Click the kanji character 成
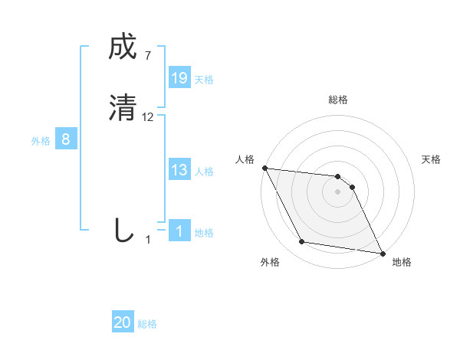123,48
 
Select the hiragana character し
123,230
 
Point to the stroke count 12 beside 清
148,117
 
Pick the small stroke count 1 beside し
148,239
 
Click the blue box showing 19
179,78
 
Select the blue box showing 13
179,170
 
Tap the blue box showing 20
123,323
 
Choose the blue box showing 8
66,139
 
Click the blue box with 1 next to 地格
179,231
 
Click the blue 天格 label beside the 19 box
204,80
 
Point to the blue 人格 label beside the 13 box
204,172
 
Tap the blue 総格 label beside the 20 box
147,325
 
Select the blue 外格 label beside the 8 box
41,141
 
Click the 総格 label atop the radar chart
338,100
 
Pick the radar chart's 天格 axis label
432,159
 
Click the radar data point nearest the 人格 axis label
264,168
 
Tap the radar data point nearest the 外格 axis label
302,242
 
